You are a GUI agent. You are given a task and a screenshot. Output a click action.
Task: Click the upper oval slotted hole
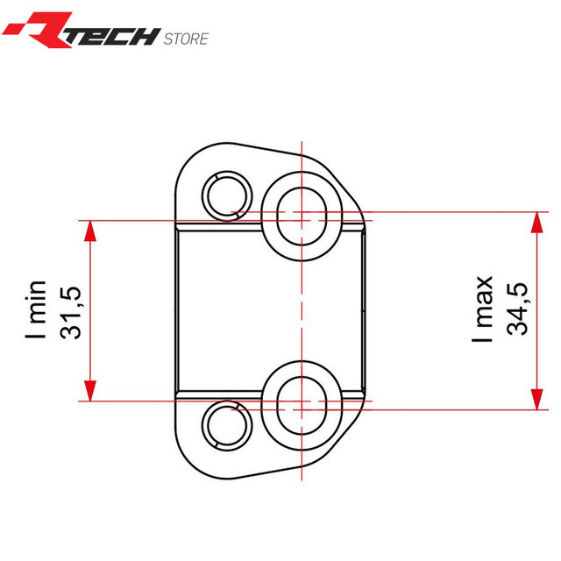click(x=302, y=215)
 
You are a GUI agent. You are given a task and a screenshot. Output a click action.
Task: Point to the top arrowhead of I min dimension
click(x=90, y=228)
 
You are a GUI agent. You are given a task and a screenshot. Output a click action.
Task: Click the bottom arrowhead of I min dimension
click(x=90, y=393)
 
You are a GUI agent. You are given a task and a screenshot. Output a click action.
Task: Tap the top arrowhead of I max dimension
click(x=535, y=220)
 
